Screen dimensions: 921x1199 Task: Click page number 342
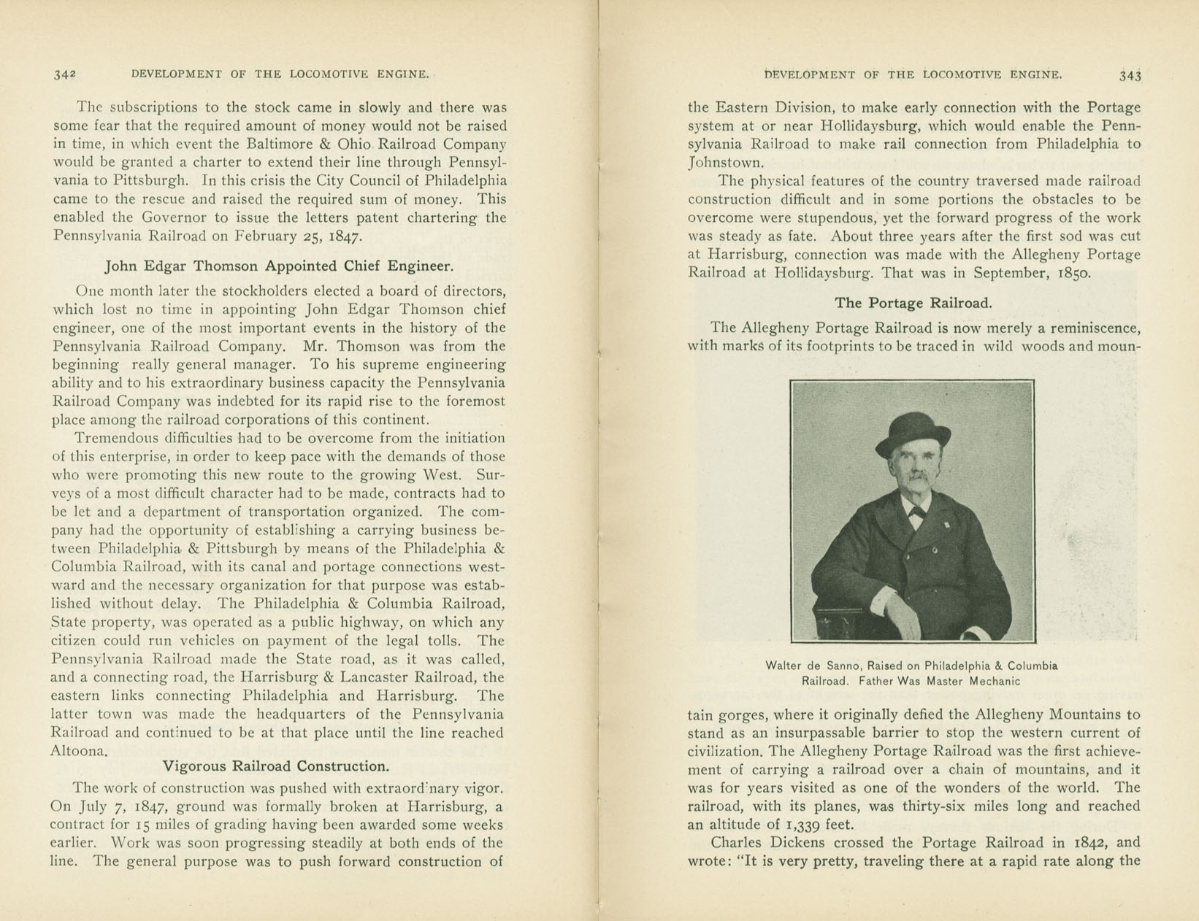65,74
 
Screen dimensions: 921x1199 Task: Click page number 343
1129,75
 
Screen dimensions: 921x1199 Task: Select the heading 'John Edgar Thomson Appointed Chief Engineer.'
279,266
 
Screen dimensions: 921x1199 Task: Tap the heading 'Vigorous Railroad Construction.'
275,766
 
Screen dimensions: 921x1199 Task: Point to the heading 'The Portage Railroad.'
913,303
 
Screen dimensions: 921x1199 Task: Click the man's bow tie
916,512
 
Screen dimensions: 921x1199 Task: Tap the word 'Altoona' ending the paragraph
78,751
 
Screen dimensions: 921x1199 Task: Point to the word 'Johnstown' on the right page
726,163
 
